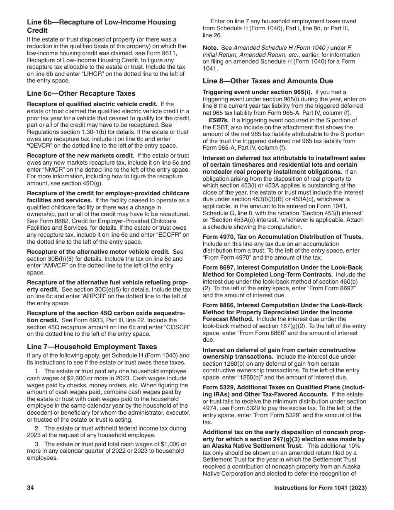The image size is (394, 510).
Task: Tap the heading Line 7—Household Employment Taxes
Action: (92, 347)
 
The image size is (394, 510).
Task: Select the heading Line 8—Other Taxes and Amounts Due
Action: (268, 81)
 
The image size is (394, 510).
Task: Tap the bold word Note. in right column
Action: (210, 48)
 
